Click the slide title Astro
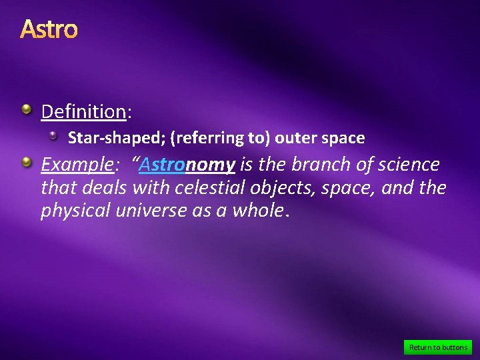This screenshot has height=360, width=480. coord(49,29)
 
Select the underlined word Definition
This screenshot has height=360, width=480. coord(83,111)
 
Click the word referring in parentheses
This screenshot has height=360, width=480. coord(205,138)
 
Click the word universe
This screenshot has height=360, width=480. coord(152,211)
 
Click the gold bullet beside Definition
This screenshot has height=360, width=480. coord(25,109)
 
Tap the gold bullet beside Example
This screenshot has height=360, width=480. coord(25,162)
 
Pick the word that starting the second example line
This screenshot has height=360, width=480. coord(58,188)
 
